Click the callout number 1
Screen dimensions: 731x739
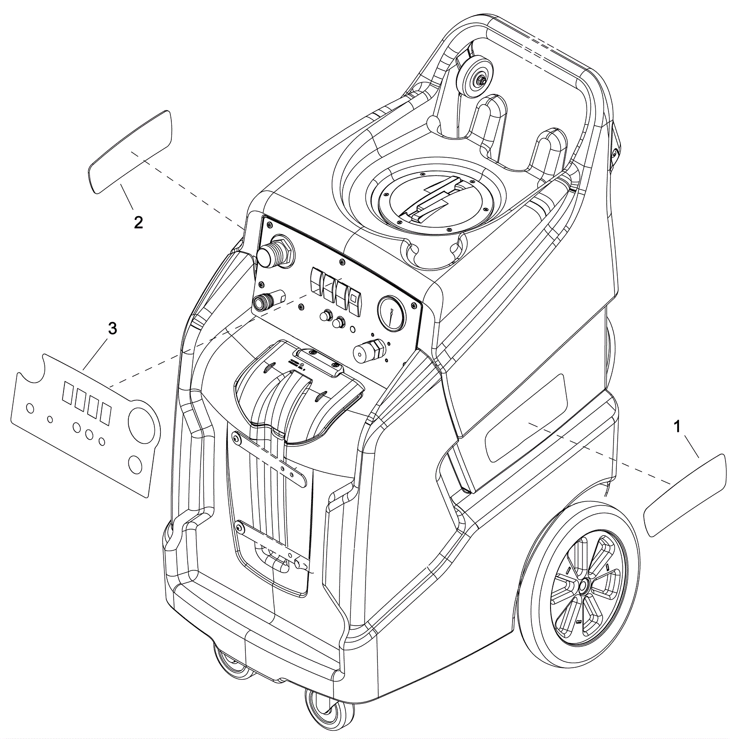point(677,427)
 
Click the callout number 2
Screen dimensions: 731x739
point(138,223)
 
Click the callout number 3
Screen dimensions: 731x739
point(112,328)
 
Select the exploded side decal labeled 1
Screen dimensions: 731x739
point(684,495)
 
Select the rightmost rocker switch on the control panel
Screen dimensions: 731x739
point(354,301)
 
